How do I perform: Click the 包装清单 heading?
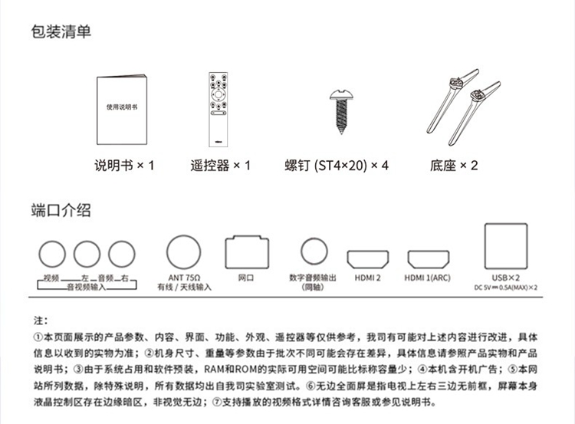click(61, 31)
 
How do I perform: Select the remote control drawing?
click(220, 109)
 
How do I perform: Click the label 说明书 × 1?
click(124, 165)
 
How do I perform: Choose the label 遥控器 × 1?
click(220, 165)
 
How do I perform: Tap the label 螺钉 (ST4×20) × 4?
click(337, 165)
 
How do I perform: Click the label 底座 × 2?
click(453, 165)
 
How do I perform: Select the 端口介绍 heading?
click(61, 210)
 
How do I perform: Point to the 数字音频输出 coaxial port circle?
click(314, 251)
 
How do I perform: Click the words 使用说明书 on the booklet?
click(122, 108)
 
